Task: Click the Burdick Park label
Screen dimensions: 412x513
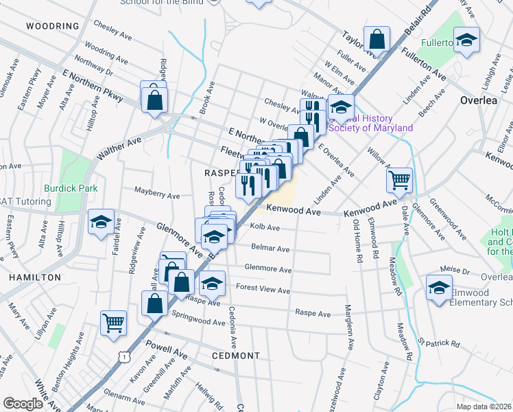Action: pyautogui.click(x=71, y=187)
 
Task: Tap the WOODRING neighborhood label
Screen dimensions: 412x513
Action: pyautogui.click(x=53, y=26)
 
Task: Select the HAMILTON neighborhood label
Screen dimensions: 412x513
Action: pyautogui.click(x=35, y=277)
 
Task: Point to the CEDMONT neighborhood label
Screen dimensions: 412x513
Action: pyautogui.click(x=236, y=356)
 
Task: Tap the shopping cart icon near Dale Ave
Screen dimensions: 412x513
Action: pyautogui.click(x=399, y=181)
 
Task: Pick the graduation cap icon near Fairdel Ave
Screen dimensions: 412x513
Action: pyautogui.click(x=101, y=222)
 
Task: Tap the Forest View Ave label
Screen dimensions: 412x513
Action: pyautogui.click(x=263, y=289)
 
